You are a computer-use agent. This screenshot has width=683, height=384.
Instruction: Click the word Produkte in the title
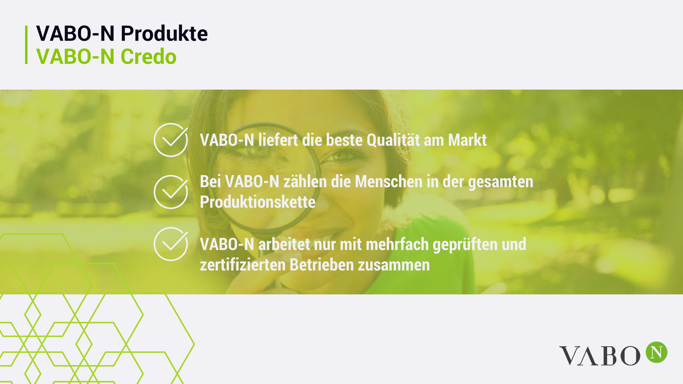point(164,33)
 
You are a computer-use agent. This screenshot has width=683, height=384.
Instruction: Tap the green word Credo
point(148,56)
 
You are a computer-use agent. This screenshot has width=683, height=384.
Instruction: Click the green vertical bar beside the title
point(26,45)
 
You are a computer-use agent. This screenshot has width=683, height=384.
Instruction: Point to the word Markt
point(467,140)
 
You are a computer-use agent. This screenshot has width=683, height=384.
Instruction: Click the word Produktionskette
point(257,202)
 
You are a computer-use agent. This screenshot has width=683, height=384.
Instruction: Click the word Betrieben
point(321,265)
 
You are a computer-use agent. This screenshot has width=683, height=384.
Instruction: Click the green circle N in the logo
point(656,352)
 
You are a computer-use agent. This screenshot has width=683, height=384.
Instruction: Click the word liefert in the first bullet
point(278,140)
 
